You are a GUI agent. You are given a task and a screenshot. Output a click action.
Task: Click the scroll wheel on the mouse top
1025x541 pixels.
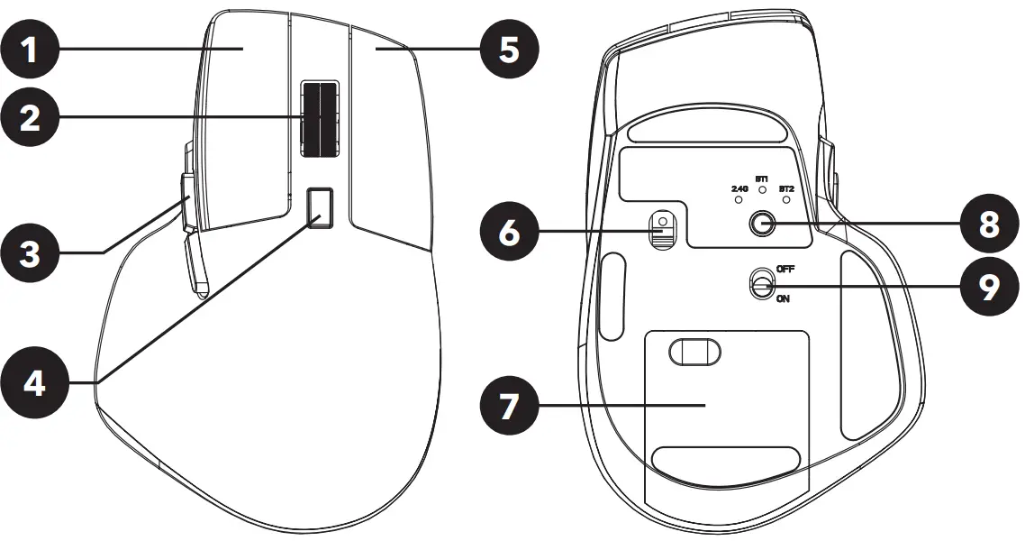click(x=320, y=118)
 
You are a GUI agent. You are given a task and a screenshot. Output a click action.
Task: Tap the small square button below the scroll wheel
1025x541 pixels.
click(x=320, y=208)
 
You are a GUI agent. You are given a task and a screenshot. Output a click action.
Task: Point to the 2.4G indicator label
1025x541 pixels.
click(x=739, y=188)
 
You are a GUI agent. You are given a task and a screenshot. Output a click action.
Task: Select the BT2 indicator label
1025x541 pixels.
click(x=786, y=188)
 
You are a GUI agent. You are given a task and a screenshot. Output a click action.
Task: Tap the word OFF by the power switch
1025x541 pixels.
click(x=785, y=270)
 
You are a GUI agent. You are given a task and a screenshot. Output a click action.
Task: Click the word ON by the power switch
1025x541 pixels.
click(x=782, y=298)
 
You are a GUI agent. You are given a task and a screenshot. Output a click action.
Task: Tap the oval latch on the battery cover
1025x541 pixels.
click(x=696, y=351)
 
